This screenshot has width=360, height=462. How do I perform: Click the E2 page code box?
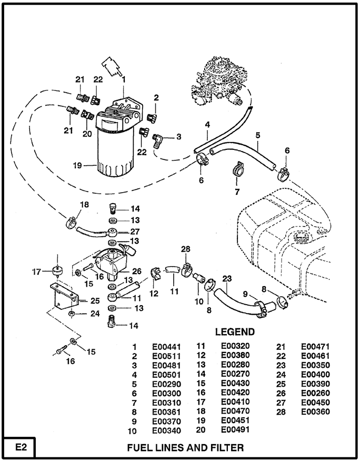click(x=18, y=448)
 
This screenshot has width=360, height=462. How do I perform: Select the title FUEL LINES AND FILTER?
click(x=186, y=448)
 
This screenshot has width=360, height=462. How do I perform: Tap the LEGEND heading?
click(x=235, y=332)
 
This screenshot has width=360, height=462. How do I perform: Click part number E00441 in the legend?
click(x=166, y=347)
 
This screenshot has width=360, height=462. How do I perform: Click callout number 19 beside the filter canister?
click(x=78, y=165)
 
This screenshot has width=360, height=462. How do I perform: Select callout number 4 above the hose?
click(x=207, y=125)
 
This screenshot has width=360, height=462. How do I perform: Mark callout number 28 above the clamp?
click(x=185, y=249)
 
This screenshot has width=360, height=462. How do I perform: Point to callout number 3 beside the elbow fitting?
click(x=178, y=136)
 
